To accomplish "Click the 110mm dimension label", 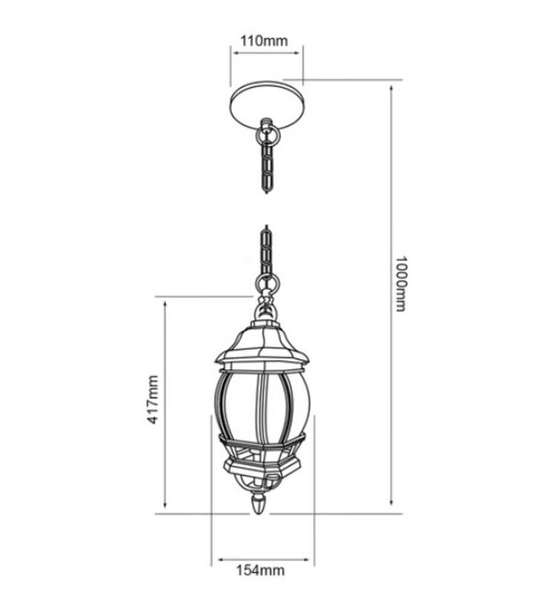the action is [265, 41].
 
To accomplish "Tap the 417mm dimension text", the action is [153, 400].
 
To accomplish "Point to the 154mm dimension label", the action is [261, 570].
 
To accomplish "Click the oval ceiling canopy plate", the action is [267, 105].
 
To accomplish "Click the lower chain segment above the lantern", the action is [267, 251].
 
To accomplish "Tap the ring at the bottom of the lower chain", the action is [267, 282].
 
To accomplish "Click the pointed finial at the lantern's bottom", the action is [259, 505].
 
